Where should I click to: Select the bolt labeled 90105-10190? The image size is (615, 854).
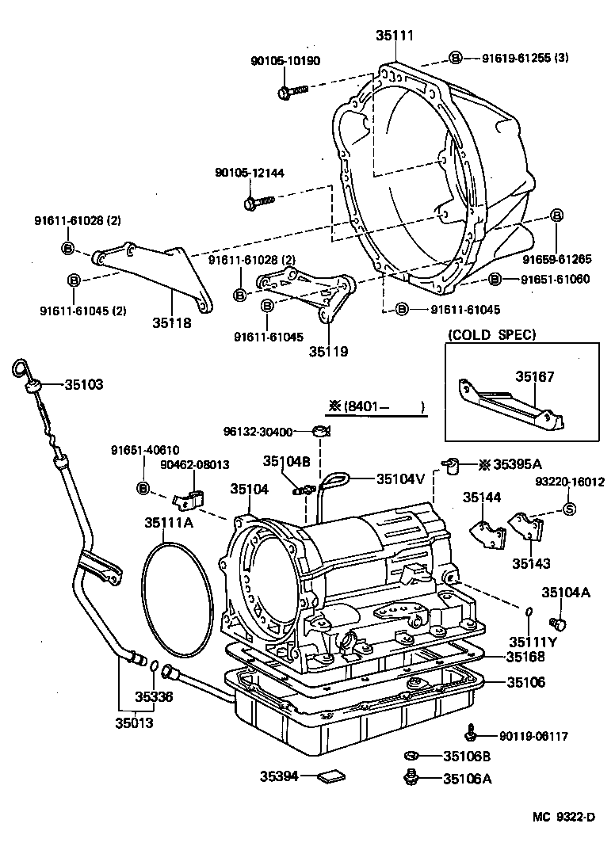pos(290,93)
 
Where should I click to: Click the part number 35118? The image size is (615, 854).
pos(172,322)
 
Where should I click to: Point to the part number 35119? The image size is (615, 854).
pos(328,350)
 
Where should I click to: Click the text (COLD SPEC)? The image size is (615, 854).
pos(491,334)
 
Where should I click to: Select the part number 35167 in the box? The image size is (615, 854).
pos(536,378)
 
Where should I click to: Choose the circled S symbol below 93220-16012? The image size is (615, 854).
pos(569,509)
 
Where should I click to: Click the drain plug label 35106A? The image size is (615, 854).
pos(467,778)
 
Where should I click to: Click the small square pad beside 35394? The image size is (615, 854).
pos(327,778)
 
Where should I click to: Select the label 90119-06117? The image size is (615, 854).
pos(533,736)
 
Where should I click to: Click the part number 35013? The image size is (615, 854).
pos(134,722)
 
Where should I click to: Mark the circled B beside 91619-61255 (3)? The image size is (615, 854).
pos(456,58)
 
